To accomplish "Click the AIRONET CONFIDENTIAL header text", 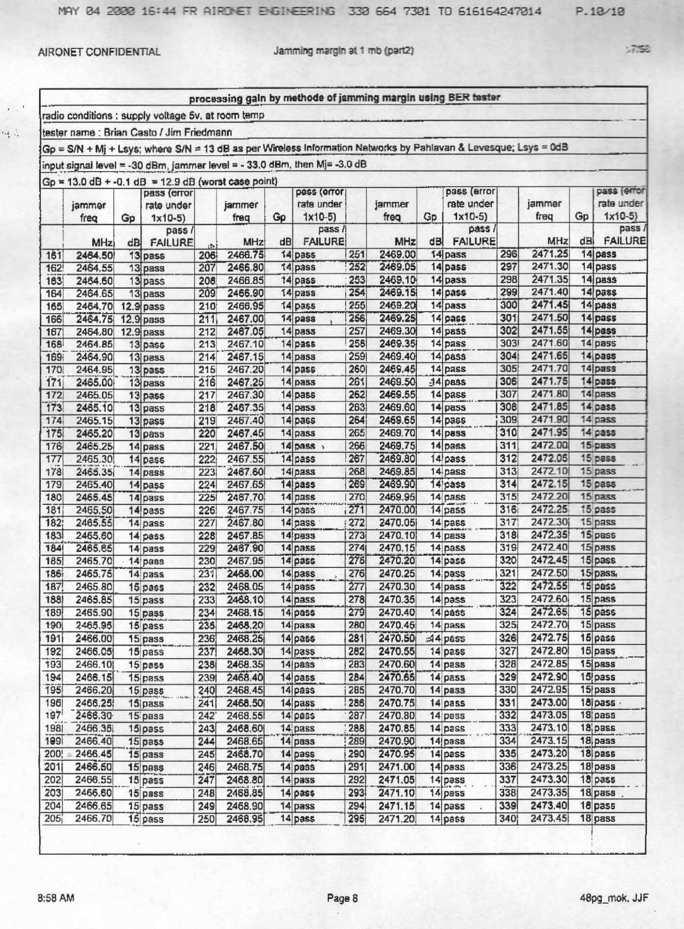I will (99, 52).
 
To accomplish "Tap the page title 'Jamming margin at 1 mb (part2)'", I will (343, 51).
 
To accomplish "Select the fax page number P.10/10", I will (600, 12).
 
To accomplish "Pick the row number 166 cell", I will (51, 319).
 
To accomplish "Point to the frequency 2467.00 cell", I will (245, 319).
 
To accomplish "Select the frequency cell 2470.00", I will (397, 510).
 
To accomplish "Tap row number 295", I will (357, 819).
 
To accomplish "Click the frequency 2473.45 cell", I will (549, 819).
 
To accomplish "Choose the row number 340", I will (508, 819).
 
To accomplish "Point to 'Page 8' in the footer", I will (342, 898).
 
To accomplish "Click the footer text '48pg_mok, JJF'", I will (614, 898).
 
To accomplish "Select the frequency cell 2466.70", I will (94, 819).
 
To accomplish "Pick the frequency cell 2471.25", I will (549, 254).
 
